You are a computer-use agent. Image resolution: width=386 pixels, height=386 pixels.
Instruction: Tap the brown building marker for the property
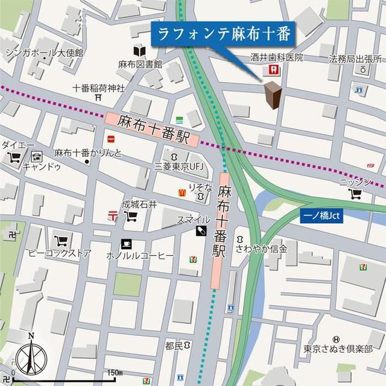273,95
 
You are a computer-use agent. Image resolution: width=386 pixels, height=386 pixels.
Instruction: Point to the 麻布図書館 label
140,63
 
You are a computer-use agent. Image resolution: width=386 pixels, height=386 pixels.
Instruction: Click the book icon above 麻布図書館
140,51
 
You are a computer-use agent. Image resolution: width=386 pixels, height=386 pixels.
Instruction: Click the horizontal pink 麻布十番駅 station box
153,127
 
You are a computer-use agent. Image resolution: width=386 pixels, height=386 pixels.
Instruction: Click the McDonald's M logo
180,192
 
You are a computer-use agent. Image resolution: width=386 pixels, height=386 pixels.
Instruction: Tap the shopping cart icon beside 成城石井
130,217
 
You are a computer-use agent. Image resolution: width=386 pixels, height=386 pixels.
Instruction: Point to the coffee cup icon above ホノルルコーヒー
126,244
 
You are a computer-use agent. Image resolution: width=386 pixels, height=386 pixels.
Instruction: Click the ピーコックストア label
59,253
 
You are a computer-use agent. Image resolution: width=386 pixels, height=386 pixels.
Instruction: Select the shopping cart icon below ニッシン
355,194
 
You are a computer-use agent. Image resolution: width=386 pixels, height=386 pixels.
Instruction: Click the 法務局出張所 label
355,59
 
